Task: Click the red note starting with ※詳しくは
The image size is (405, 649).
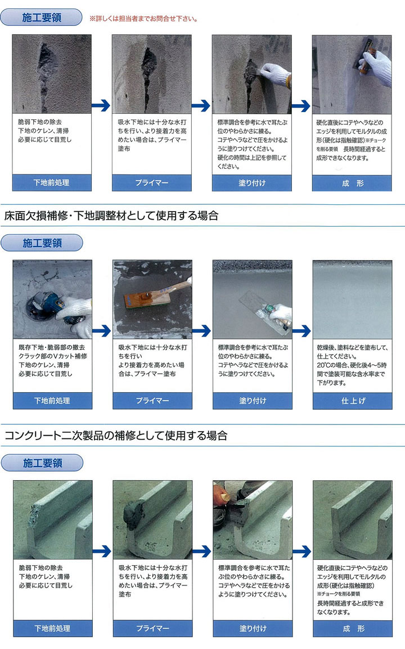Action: click(x=143, y=19)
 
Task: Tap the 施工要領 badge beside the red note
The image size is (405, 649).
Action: click(x=42, y=17)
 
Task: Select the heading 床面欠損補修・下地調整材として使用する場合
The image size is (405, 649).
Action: click(x=111, y=215)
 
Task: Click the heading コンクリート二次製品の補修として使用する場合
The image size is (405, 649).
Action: click(x=115, y=435)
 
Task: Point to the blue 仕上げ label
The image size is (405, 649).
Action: click(x=352, y=400)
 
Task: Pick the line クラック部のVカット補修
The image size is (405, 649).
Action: click(x=53, y=356)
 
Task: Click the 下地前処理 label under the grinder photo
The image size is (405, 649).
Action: click(x=52, y=400)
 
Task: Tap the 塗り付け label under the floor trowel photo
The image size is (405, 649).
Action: click(x=253, y=400)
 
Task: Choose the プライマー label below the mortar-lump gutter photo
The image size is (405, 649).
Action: click(x=152, y=628)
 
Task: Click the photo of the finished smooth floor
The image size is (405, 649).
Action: click(x=352, y=298)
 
